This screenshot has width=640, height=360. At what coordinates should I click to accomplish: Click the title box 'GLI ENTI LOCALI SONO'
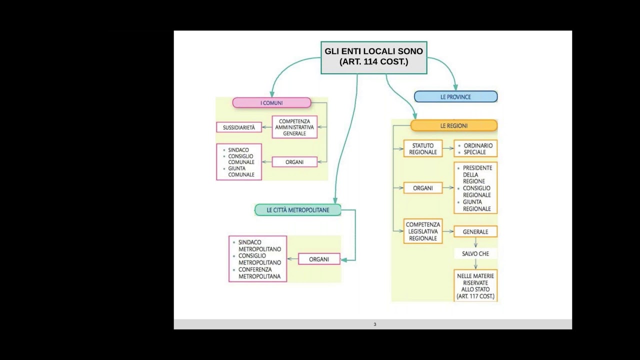tap(373, 57)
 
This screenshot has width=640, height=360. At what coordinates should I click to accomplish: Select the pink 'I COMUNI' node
tap(271, 103)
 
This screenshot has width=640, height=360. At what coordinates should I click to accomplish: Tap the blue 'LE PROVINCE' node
tap(455, 97)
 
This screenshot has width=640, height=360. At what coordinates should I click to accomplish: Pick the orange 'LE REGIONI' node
tap(454, 125)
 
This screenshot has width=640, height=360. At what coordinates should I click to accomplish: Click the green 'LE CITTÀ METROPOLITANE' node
tap(298, 210)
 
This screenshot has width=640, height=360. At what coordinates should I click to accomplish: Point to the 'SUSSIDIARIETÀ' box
tap(239, 127)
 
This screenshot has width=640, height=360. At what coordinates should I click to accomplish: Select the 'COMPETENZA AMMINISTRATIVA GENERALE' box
tap(294, 127)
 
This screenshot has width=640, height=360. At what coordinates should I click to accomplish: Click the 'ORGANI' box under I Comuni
tap(294, 162)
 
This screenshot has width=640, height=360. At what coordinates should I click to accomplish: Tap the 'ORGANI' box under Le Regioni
tap(423, 188)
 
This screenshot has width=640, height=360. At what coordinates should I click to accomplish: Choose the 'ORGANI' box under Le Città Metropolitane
tap(319, 259)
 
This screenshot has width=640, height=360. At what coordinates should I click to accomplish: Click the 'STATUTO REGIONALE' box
tap(423, 148)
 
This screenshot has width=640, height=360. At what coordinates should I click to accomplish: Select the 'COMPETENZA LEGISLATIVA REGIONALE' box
tap(423, 231)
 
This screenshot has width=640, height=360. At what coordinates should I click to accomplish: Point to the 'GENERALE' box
tap(475, 231)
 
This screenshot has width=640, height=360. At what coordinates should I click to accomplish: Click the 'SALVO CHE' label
tap(475, 253)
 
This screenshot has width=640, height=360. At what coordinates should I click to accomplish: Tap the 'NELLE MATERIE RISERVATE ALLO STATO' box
tap(475, 285)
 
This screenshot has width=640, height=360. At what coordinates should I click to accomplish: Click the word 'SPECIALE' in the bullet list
tap(474, 152)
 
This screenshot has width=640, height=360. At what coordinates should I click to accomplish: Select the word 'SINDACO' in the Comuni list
tap(238, 150)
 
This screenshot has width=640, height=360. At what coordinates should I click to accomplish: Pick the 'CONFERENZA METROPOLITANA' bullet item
tap(259, 273)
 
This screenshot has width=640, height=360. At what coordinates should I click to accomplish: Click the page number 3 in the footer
tap(375, 324)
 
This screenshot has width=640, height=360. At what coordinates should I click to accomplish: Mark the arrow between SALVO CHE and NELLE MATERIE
tap(475, 264)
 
